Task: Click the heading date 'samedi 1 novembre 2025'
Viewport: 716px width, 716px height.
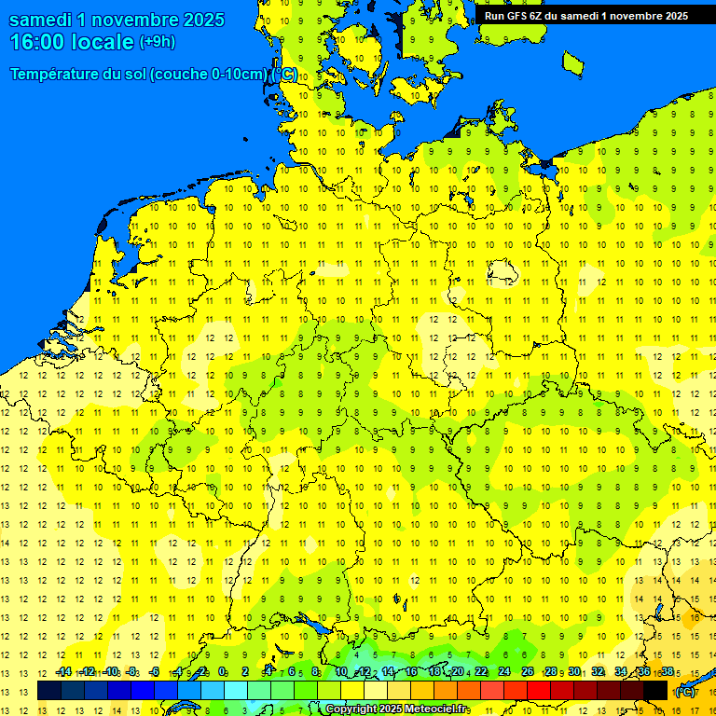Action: (117, 20)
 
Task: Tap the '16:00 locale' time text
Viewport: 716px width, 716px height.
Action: (72, 41)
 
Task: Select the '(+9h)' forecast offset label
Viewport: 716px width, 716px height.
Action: (157, 41)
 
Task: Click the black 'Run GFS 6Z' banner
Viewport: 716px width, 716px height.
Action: (585, 15)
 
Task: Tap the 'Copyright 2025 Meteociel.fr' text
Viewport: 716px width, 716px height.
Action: (397, 709)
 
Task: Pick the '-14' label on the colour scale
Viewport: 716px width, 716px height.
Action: (63, 671)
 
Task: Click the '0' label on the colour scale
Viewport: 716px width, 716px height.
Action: (222, 671)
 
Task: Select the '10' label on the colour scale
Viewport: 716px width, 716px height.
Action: (341, 671)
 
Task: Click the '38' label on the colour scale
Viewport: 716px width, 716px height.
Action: (668, 671)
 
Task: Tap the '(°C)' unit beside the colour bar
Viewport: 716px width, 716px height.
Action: (684, 691)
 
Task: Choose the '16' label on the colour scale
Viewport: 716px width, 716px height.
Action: (411, 671)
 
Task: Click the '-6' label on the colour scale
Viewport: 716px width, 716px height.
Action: (155, 671)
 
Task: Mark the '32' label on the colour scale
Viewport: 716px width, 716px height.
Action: (598, 671)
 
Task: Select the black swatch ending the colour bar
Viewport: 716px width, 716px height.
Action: (655, 690)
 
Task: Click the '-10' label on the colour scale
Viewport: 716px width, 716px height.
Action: (110, 671)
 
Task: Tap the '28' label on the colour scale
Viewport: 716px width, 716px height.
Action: (551, 671)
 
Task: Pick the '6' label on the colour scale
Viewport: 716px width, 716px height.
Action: (292, 671)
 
